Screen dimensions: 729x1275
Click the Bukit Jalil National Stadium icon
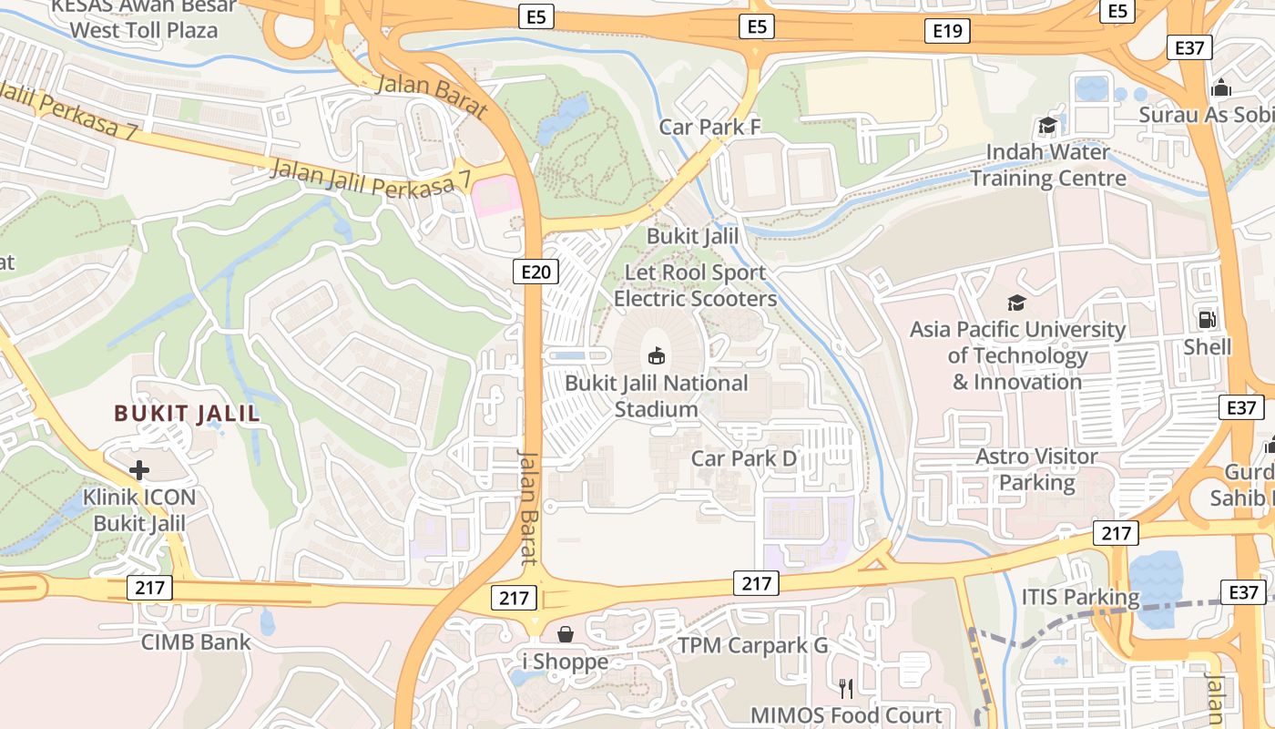click(x=656, y=355)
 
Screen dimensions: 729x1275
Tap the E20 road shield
click(x=535, y=271)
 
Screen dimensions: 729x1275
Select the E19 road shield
click(x=947, y=31)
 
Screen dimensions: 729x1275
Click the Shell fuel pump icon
click(x=1208, y=320)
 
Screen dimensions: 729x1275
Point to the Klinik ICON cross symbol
click(x=139, y=470)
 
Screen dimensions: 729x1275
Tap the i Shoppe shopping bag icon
click(x=566, y=634)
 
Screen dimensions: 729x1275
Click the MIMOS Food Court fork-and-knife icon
click(x=846, y=689)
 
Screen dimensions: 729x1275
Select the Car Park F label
click(x=709, y=127)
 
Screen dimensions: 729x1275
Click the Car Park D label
click(x=744, y=458)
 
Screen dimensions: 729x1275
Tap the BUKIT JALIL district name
click(x=187, y=414)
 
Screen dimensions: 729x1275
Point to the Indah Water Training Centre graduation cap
click(x=1048, y=125)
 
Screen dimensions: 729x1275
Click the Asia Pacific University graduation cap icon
click(x=1016, y=303)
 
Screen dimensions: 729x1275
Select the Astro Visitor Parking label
click(x=1037, y=468)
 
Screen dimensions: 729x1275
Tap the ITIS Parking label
click(x=1080, y=598)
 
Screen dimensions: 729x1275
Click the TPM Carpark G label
click(x=752, y=646)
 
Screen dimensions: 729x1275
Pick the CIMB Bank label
click(x=196, y=642)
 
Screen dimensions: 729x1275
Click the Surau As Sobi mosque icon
click(x=1220, y=88)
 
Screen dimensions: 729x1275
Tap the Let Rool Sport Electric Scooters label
click(x=695, y=285)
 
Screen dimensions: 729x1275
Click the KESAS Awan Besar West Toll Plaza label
click(x=144, y=18)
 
